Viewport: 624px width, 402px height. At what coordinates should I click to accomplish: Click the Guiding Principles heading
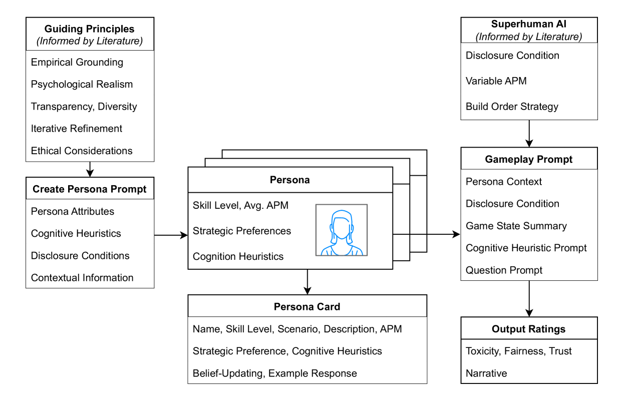(x=90, y=29)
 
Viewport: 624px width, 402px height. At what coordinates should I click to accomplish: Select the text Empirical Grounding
(x=77, y=62)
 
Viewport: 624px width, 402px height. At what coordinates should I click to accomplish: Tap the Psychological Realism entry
(x=82, y=84)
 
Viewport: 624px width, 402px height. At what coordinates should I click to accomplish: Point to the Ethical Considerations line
(x=82, y=151)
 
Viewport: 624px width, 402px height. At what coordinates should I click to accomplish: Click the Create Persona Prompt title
(x=90, y=189)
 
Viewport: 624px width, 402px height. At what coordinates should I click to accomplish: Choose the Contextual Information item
(x=82, y=277)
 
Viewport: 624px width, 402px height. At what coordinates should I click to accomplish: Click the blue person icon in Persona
(x=341, y=230)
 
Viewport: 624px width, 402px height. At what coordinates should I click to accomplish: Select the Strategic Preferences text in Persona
(x=241, y=231)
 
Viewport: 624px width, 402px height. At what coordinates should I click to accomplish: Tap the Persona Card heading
(x=307, y=306)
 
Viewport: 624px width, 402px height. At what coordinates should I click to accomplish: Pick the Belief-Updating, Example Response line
(x=274, y=373)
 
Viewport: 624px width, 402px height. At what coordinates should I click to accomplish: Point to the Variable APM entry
(x=496, y=81)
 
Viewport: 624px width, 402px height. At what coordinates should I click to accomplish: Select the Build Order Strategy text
(x=512, y=106)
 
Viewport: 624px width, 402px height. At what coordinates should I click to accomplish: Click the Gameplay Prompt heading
(x=529, y=159)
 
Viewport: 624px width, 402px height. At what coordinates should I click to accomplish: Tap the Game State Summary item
(x=516, y=226)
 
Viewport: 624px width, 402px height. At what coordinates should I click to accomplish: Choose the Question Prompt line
(x=504, y=270)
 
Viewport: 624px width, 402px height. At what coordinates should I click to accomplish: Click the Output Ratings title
(x=529, y=329)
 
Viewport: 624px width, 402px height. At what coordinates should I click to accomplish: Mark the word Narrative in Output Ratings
(x=486, y=373)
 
